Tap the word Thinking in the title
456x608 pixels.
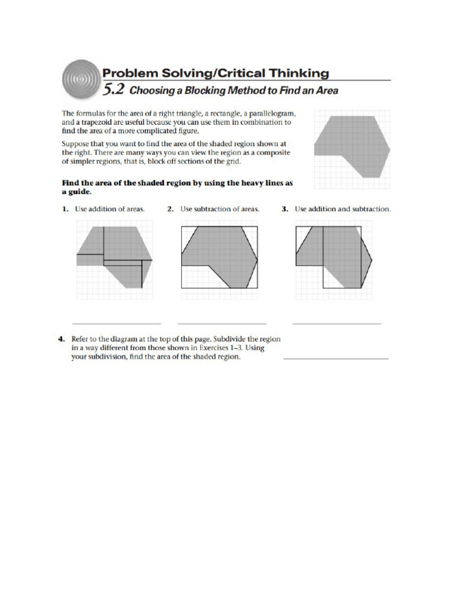pos(295,73)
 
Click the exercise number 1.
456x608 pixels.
pos(65,209)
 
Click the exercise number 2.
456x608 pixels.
pos(170,209)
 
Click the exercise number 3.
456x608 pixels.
pos(284,209)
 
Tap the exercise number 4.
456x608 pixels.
pos(61,339)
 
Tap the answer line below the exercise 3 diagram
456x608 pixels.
pos(337,324)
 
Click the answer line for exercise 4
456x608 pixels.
pos(336,359)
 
